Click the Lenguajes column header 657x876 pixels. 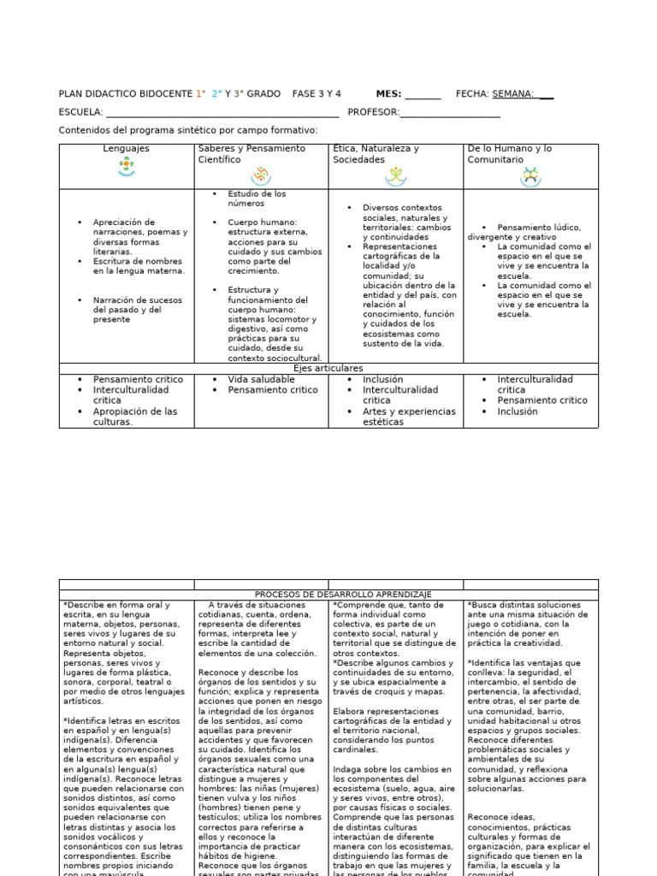126,149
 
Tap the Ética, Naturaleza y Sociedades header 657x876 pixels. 376,154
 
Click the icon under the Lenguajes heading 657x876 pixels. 127,169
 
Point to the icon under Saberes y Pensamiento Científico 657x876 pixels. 260,175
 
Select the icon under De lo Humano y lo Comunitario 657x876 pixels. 530,176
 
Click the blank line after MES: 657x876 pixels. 423,95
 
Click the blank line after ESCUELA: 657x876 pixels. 222,113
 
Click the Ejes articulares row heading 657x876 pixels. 328,369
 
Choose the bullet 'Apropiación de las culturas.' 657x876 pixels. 135,417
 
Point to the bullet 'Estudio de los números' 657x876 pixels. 257,198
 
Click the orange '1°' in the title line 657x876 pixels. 200,94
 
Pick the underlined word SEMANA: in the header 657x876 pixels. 513,94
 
